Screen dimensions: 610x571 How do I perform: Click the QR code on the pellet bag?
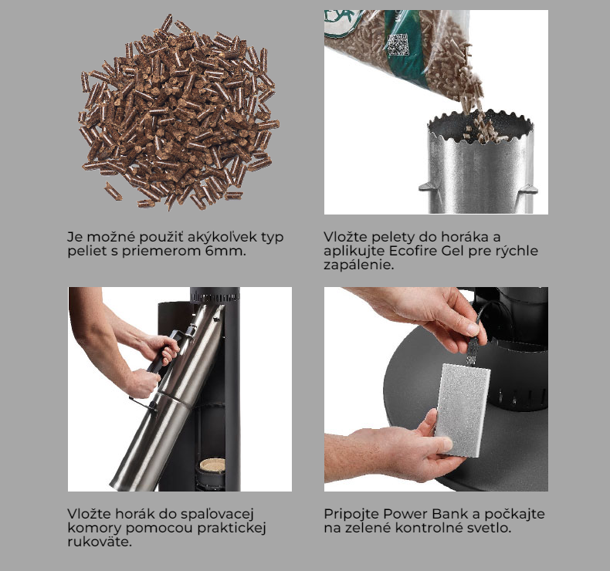click(x=398, y=44)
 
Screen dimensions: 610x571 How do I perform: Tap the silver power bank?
click(x=463, y=410)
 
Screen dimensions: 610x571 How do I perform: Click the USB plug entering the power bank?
click(x=472, y=351)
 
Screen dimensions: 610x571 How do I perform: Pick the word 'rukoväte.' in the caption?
click(x=100, y=542)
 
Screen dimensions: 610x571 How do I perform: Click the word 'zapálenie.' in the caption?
click(x=359, y=265)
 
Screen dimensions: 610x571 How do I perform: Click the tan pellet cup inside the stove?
click(x=212, y=465)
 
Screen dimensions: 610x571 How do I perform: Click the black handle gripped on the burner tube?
click(x=163, y=352)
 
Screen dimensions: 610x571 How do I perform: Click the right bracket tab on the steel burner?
click(x=529, y=190)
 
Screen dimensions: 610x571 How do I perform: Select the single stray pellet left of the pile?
click(x=113, y=191)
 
